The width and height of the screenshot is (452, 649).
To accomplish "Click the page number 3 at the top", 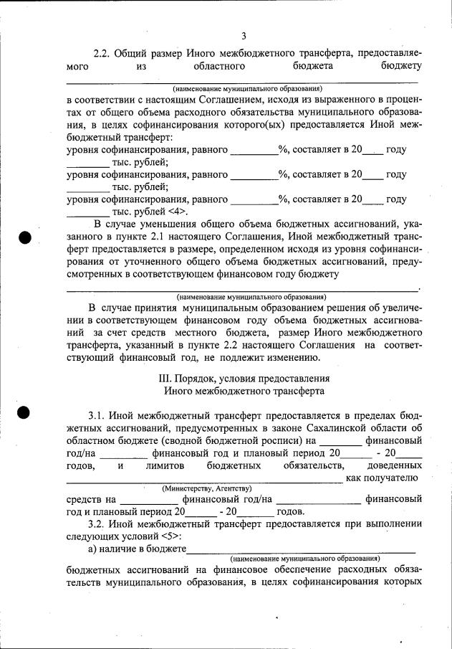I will tap(244, 36).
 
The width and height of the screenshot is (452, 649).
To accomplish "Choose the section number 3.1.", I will tap(100, 415).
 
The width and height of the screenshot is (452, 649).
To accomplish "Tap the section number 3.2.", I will tap(100, 524).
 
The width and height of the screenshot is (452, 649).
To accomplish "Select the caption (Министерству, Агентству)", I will tap(197, 488).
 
